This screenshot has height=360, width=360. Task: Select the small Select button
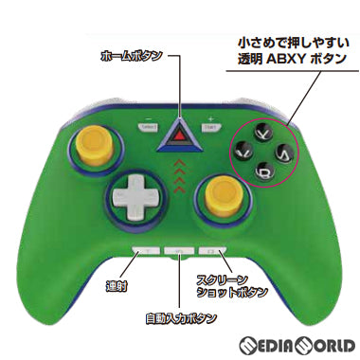tap(147, 126)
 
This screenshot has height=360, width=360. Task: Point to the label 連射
tap(117, 283)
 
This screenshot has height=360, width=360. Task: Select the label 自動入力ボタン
tap(178, 316)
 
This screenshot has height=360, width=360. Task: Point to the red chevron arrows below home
tap(180, 170)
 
